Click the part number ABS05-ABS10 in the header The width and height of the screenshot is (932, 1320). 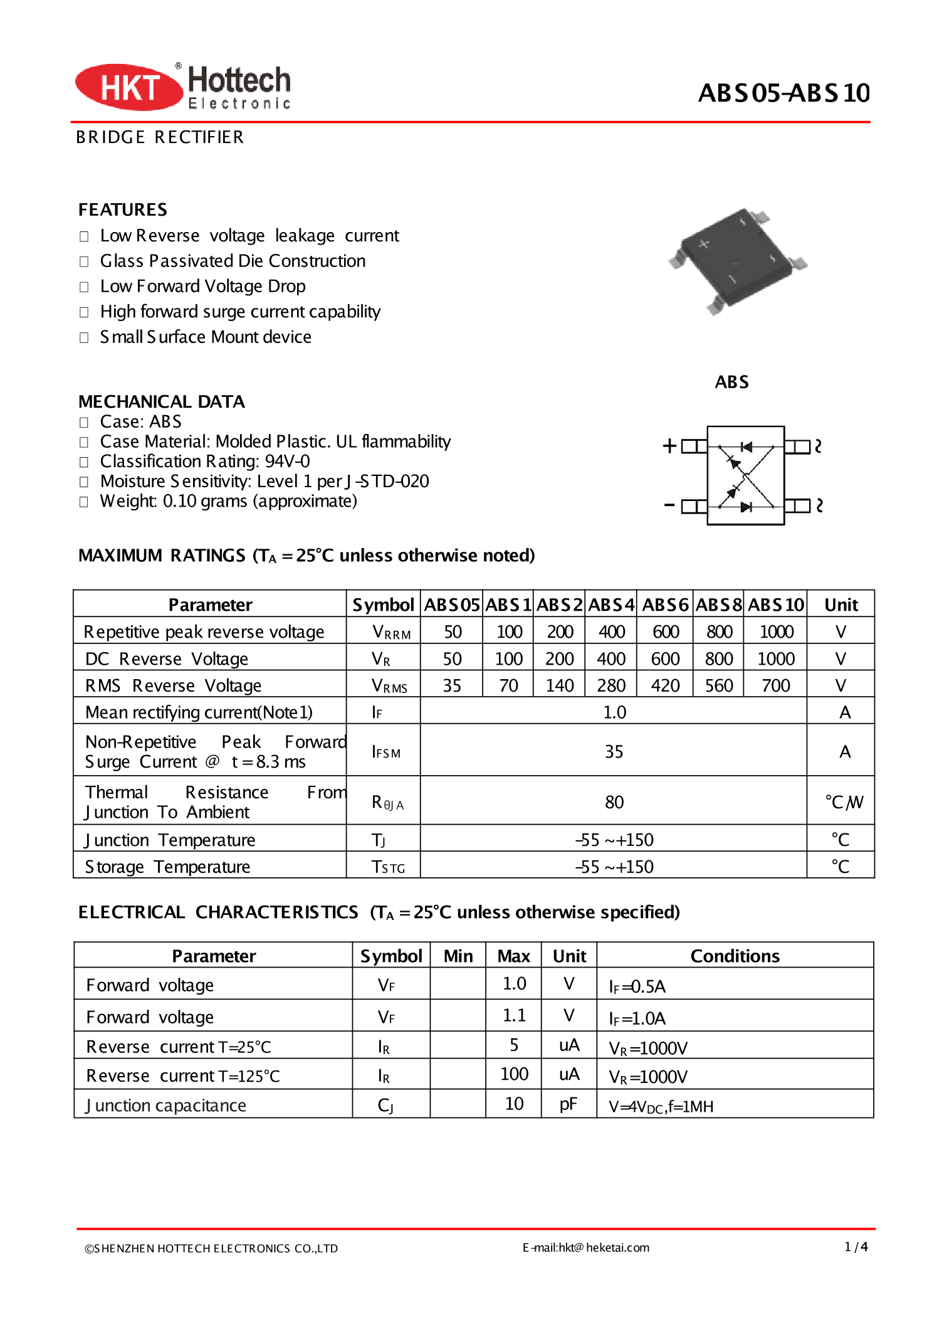coord(783,93)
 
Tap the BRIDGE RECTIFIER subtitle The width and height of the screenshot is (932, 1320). coord(160,137)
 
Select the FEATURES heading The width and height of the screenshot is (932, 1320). coord(123,209)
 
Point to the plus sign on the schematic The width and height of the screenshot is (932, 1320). coord(669,446)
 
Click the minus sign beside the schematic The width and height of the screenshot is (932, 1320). coord(669,505)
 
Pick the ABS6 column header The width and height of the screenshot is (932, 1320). coord(665,605)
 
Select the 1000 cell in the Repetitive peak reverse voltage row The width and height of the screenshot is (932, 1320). coord(776,631)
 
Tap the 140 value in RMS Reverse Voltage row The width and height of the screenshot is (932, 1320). coord(559,685)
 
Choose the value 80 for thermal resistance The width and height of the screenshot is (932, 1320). coord(614,802)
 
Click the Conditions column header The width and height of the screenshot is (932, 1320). coord(735,956)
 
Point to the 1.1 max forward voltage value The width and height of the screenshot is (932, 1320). coord(514,1015)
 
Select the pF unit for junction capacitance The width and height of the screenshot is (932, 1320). coord(568,1104)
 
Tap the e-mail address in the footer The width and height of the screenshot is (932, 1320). coord(586,1247)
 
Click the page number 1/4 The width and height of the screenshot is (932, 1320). coord(856,1247)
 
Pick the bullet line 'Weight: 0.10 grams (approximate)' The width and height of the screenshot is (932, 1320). coord(228,501)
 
